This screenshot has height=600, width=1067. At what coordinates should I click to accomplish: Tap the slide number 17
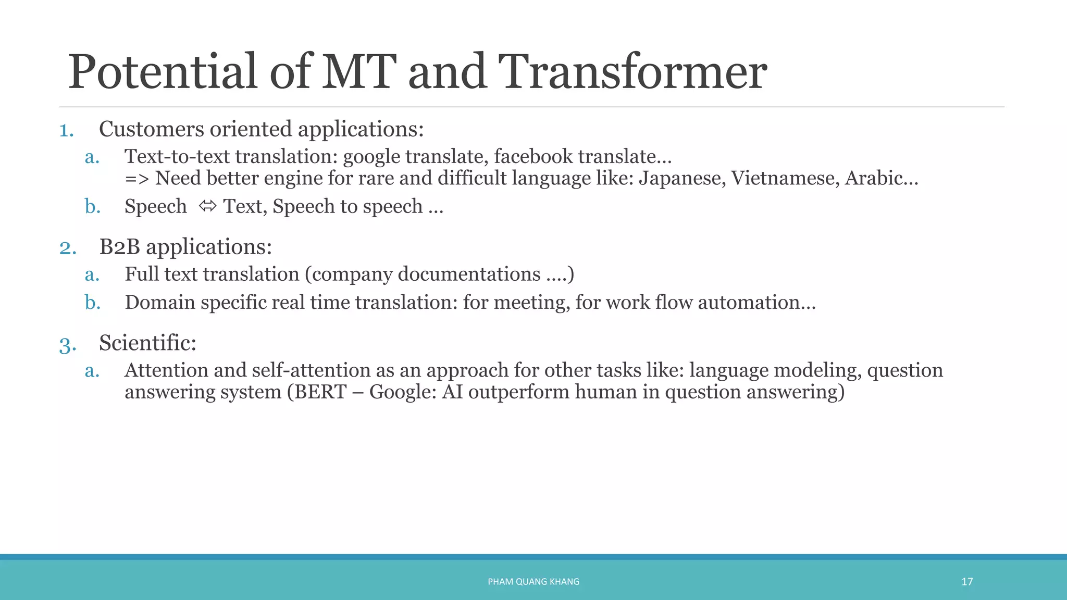(967, 582)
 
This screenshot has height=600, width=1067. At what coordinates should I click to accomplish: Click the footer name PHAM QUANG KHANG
(533, 582)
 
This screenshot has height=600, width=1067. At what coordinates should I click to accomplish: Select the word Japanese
(682, 179)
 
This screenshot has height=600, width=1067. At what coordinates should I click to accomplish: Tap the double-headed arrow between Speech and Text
(207, 206)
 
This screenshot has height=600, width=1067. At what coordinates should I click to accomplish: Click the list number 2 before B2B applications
(67, 247)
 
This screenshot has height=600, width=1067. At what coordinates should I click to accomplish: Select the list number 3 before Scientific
(67, 345)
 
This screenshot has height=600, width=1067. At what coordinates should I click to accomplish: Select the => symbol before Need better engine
(137, 179)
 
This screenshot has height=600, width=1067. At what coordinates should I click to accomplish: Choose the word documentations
(469, 274)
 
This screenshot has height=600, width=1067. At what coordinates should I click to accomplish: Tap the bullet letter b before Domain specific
(92, 303)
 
